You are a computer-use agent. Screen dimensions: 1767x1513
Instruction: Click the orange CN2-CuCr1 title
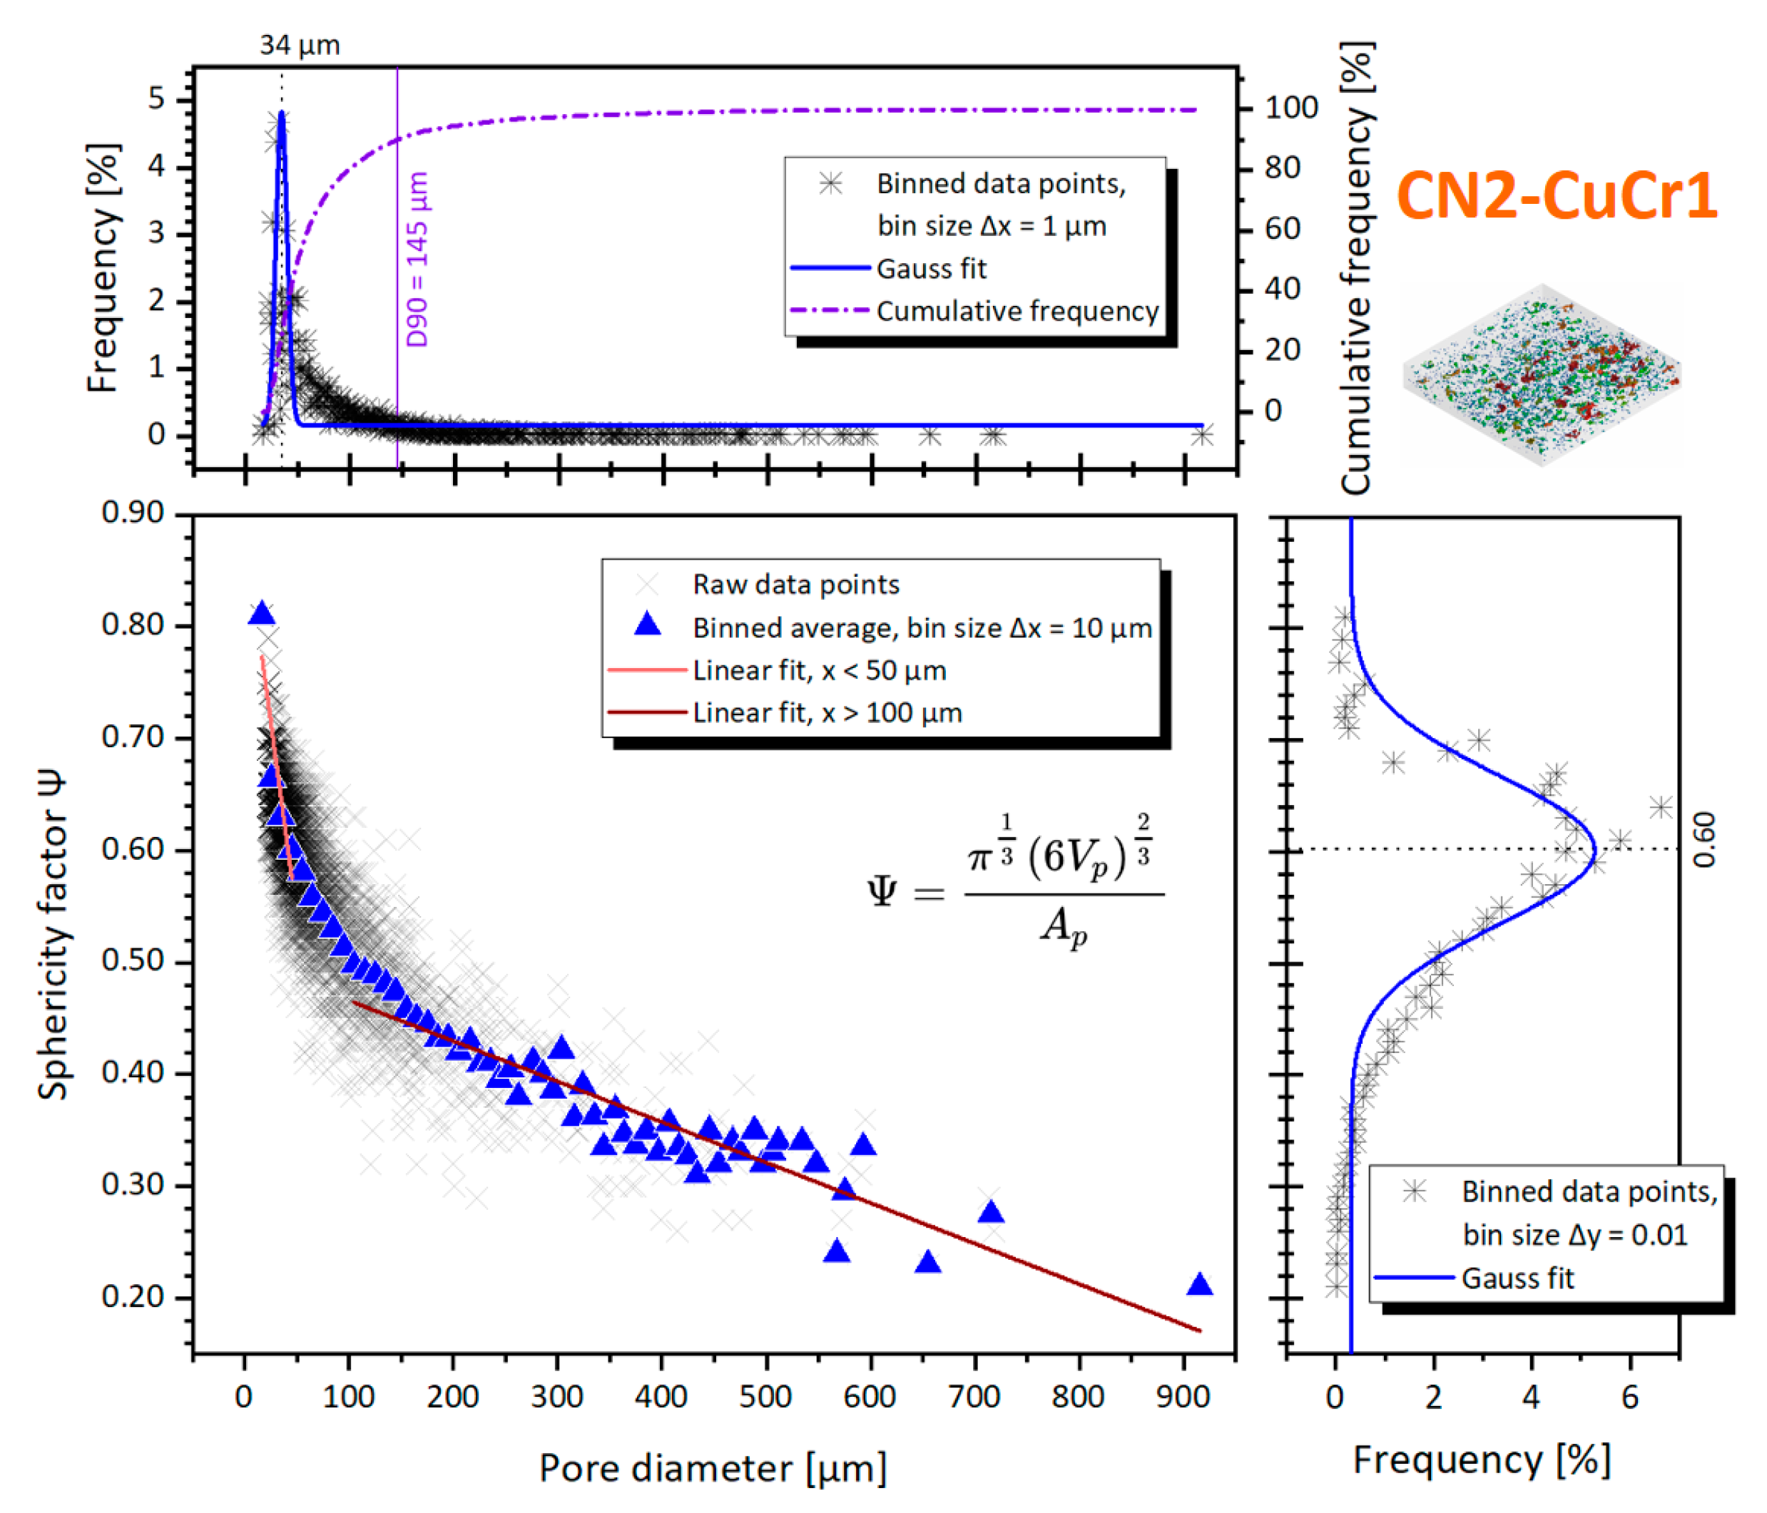tap(1557, 196)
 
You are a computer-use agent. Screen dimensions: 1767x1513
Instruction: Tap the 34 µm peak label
tap(300, 45)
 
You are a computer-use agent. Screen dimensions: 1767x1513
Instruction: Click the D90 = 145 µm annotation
tap(417, 259)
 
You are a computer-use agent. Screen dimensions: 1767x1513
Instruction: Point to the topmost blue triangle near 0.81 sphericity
tap(262, 614)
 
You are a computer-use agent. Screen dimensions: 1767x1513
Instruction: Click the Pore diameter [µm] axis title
tap(713, 1468)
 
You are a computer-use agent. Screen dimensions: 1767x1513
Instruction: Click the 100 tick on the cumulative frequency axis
tap(1291, 108)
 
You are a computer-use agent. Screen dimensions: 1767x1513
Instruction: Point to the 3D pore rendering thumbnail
tap(1542, 375)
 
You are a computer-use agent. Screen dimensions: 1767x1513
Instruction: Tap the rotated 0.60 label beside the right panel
tap(1704, 840)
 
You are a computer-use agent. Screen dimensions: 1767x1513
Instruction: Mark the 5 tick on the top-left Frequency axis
tap(156, 99)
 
